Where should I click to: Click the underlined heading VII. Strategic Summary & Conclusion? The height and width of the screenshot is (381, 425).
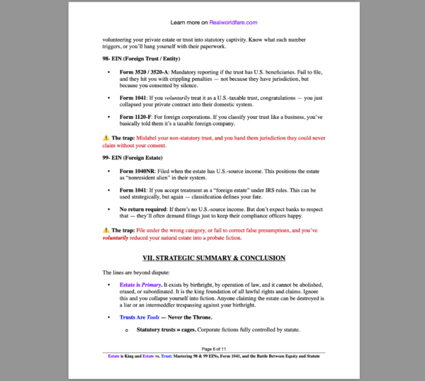tap(214, 258)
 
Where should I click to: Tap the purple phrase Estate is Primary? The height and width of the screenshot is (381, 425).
tap(140, 285)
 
